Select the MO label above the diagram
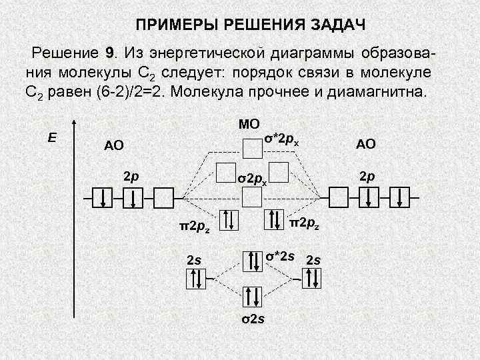[249, 123]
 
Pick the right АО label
[366, 143]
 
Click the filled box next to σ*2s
[253, 261]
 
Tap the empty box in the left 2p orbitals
[163, 197]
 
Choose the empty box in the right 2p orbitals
[339, 197]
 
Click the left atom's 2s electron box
[197, 280]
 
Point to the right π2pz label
[306, 221]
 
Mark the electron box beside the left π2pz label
[228, 219]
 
